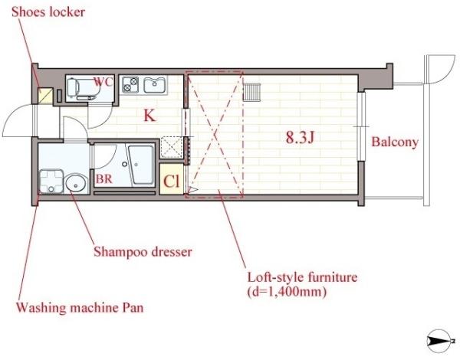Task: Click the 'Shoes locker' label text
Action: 48,12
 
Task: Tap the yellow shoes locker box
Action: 46,97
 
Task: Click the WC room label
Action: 103,82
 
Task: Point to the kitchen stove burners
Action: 130,85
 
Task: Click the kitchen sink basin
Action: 155,85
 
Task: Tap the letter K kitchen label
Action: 149,116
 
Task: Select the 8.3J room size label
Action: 300,138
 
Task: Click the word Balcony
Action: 395,142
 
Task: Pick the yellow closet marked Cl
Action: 171,178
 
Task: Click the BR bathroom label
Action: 103,178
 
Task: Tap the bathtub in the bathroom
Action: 141,165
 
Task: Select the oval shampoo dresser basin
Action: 76,184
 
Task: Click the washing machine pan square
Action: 51,182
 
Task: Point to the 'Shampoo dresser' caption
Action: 143,252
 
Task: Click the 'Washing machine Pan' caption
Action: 80,308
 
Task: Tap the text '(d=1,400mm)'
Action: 287,292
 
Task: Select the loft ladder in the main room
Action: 252,92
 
